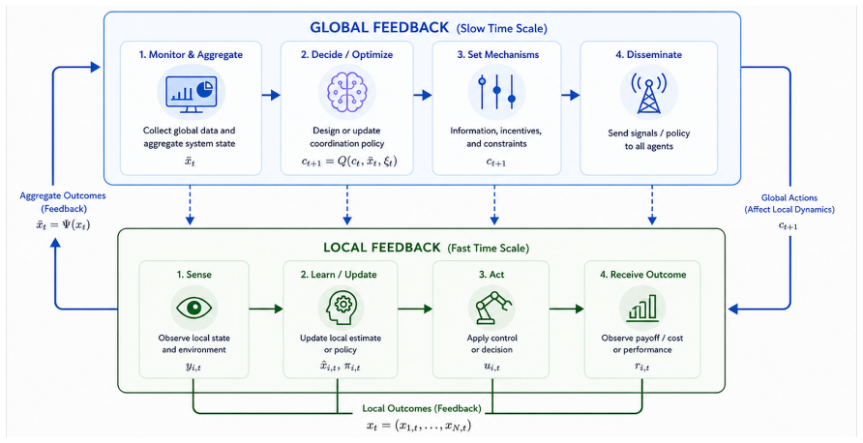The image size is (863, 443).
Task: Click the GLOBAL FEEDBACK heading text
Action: [x=381, y=27]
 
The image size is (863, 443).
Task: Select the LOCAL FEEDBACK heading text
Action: [x=382, y=248]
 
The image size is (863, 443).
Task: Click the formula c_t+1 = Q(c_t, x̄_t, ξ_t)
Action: [x=346, y=162]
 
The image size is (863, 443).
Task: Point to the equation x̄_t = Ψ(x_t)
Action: [x=62, y=224]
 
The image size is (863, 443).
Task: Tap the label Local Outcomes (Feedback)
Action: [x=422, y=409]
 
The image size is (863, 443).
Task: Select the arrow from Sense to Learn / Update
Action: [x=266, y=310]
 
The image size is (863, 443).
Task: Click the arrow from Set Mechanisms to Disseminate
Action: [x=570, y=95]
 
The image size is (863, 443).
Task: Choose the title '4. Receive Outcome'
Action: [x=641, y=274]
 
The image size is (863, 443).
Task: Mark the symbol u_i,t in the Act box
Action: [x=491, y=367]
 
